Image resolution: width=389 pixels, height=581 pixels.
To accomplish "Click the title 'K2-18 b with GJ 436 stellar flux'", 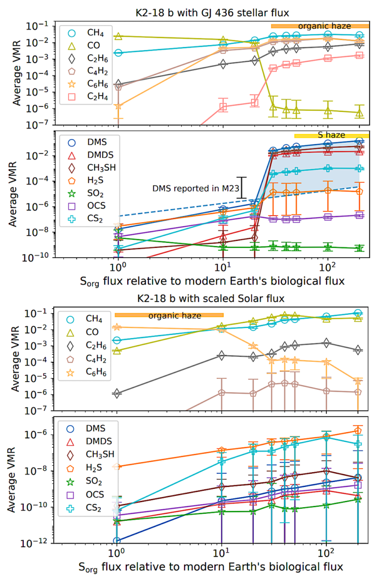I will pos(212,7).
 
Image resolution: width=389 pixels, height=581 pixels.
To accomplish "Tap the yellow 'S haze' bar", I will pos(331,135).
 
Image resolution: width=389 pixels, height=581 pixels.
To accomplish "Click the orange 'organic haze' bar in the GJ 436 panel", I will pos(320,26).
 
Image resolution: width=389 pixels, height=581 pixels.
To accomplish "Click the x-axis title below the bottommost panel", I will pos(212,566).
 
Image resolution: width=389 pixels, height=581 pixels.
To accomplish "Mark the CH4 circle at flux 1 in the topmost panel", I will pos(118,53).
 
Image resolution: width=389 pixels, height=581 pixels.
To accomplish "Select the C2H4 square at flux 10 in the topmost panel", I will pos(223,107).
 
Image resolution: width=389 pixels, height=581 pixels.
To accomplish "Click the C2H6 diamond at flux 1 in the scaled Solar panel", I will pos(118,393).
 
